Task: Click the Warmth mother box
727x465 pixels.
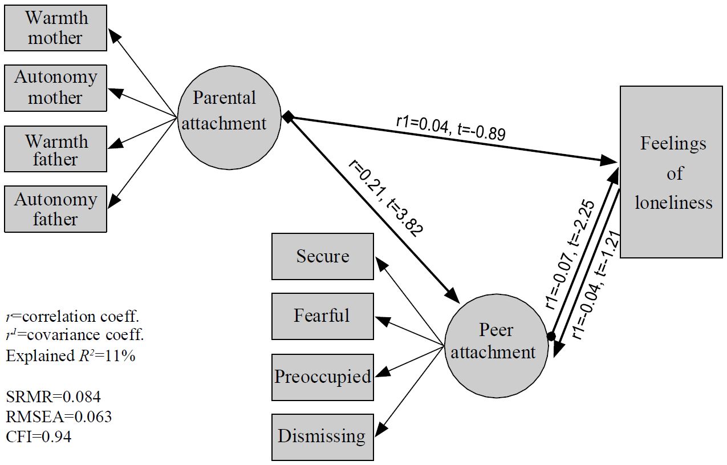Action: [x=55, y=28]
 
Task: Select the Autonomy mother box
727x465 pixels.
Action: [x=55, y=88]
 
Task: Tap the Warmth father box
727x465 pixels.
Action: [x=55, y=149]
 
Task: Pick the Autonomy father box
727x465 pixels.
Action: [x=55, y=209]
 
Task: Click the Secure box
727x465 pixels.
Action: [x=323, y=256]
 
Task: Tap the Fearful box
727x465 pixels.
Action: [x=323, y=316]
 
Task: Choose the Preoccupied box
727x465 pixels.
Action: [x=323, y=377]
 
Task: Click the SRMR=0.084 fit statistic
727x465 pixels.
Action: [x=54, y=396]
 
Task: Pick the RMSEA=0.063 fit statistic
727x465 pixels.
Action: [x=59, y=417]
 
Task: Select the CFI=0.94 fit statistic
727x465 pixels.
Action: [x=39, y=438]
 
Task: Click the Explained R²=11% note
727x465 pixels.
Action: [x=70, y=355]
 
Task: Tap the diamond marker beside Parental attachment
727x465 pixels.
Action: [x=289, y=117]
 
